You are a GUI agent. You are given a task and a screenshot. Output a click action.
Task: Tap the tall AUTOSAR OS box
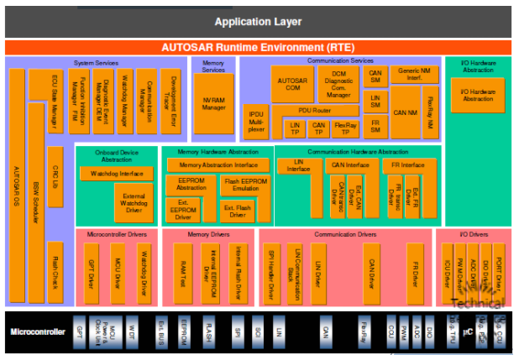pos(17,185)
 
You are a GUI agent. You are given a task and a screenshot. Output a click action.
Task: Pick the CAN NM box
pos(406,112)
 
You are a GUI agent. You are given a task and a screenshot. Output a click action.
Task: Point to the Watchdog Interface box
pos(116,173)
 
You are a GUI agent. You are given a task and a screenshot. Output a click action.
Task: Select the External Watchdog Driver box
pos(133,201)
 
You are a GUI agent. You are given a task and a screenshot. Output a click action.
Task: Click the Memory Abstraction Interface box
pos(218,165)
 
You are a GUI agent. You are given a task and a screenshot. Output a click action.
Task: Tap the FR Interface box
pos(407,165)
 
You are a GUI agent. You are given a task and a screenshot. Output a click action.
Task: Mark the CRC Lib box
pos(55,181)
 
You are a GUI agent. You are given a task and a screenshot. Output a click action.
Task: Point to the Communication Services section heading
pos(339,60)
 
